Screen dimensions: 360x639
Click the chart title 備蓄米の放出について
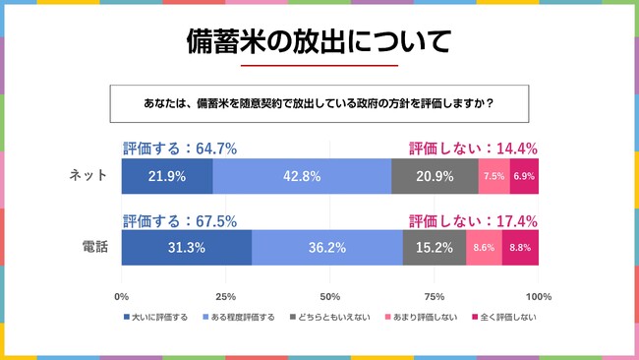pyautogui.click(x=319, y=40)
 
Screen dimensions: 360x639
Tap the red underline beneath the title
pyautogui.click(x=319, y=66)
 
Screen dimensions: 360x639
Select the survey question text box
pyautogui.click(x=319, y=102)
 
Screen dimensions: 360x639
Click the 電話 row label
pyautogui.click(x=94, y=248)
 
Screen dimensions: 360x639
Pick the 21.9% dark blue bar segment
pyautogui.click(x=166, y=176)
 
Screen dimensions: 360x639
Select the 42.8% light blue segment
pyautogui.click(x=301, y=176)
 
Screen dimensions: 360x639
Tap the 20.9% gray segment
pyautogui.click(x=435, y=176)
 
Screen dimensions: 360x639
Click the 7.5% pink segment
pyautogui.click(x=494, y=176)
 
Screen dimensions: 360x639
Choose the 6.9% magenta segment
pyautogui.click(x=524, y=176)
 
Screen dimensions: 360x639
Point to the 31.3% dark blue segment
pyautogui.click(x=186, y=248)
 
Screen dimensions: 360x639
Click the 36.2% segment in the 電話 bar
pyautogui.click(x=326, y=248)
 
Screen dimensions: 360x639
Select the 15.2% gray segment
pyautogui.click(x=434, y=248)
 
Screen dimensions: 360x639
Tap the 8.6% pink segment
pyautogui.click(x=484, y=248)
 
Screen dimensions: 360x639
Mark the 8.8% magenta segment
pyautogui.click(x=520, y=248)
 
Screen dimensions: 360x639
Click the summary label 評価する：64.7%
pyautogui.click(x=180, y=149)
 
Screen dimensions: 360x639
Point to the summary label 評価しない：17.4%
pyautogui.click(x=473, y=221)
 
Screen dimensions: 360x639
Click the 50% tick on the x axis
pyautogui.click(x=330, y=296)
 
